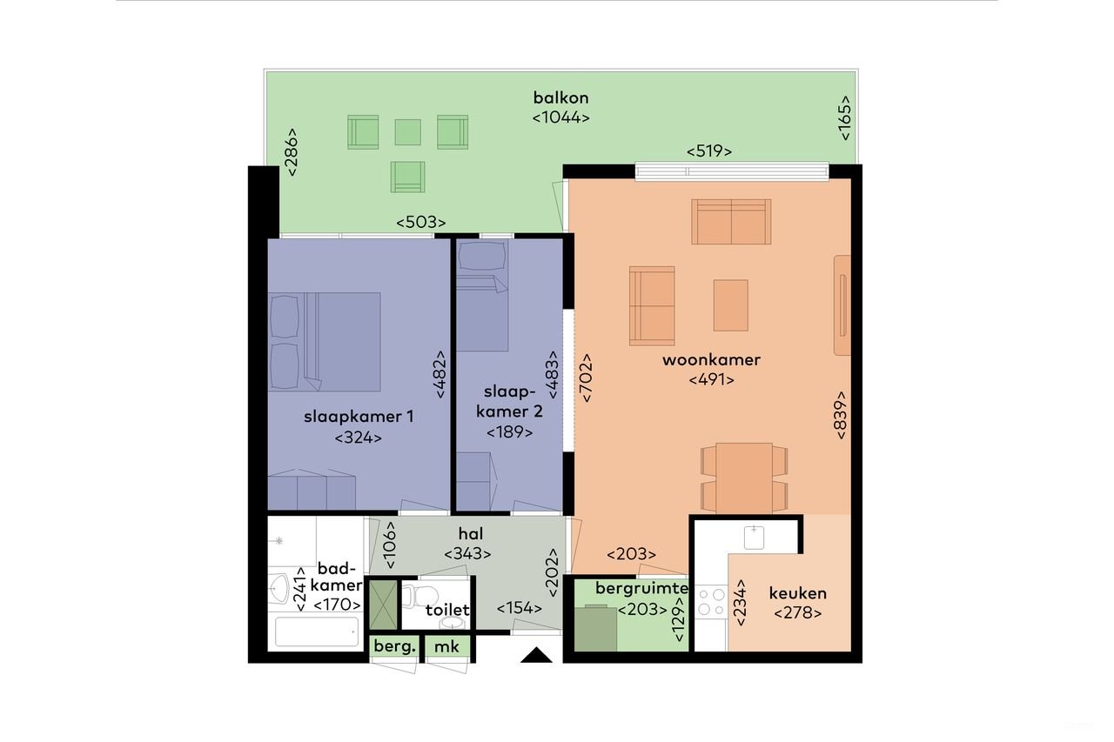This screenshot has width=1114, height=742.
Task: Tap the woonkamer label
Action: (x=711, y=359)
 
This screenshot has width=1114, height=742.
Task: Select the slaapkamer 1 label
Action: (x=358, y=417)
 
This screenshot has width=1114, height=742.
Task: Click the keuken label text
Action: (x=797, y=594)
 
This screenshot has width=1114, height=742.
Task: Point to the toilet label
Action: (x=447, y=611)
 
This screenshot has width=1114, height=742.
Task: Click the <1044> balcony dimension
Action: (x=561, y=117)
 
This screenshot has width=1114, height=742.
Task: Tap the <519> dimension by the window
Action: (x=708, y=150)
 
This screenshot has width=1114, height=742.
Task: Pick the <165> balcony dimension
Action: (x=843, y=117)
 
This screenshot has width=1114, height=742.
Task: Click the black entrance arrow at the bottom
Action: (x=537, y=656)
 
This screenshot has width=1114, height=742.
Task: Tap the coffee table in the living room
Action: (x=730, y=304)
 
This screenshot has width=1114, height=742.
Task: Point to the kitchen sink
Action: (x=754, y=536)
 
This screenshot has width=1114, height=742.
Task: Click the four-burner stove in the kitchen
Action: (x=711, y=602)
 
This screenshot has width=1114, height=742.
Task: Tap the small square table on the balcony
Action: (x=407, y=132)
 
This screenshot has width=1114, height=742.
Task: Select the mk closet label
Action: (x=447, y=647)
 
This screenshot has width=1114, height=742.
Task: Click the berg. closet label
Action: (x=394, y=647)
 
